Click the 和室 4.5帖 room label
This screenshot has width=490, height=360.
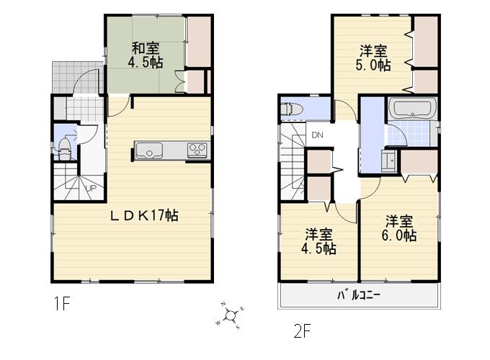(145, 56)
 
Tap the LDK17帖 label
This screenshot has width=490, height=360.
(144, 215)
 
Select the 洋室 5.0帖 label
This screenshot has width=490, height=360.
(374, 58)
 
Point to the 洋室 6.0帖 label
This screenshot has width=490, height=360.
(398, 228)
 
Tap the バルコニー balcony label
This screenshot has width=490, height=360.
(359, 296)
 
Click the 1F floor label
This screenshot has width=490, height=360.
(61, 304)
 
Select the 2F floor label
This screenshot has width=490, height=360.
(303, 332)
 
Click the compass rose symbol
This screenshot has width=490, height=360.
(231, 314)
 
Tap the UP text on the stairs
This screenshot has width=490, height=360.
(92, 189)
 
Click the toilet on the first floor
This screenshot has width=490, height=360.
(65, 150)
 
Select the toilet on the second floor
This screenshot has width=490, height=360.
(292, 109)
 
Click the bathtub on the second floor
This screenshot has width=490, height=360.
(411, 110)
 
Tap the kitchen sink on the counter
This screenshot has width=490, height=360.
(149, 151)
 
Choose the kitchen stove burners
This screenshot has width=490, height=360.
(197, 150)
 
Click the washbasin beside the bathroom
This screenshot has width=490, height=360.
(388, 161)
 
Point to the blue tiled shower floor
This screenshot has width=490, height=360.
(404, 134)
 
